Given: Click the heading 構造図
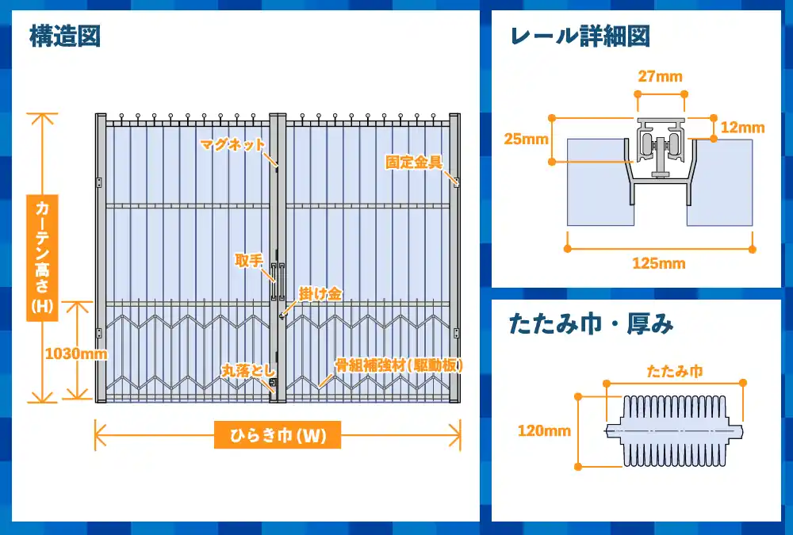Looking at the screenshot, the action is (x=65, y=36).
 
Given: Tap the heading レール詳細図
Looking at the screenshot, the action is (x=580, y=36).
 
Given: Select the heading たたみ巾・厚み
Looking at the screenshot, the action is (x=592, y=324).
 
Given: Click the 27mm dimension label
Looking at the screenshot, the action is (x=660, y=76).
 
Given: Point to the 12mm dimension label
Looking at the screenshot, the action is (x=742, y=128).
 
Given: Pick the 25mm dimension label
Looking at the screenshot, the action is (x=526, y=139).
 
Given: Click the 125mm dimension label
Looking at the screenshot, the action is (x=659, y=263).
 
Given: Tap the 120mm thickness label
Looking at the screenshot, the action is (x=544, y=431).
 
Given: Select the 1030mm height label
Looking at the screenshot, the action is (x=76, y=353).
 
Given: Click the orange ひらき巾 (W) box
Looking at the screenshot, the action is (x=278, y=435).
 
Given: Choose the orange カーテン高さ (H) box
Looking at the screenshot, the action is (x=42, y=258).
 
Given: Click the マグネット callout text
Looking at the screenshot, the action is (x=232, y=144).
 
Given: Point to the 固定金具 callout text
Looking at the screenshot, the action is (x=414, y=162).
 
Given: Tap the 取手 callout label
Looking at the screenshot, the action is (x=249, y=261).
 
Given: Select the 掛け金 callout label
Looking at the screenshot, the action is (x=320, y=294).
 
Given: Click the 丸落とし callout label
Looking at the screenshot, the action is (x=248, y=371).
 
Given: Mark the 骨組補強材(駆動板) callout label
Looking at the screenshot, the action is (x=399, y=365).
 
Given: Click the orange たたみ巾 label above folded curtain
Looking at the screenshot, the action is (x=675, y=372).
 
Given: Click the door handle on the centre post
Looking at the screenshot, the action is (x=278, y=281).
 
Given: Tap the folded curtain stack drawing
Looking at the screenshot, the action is (x=675, y=431).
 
